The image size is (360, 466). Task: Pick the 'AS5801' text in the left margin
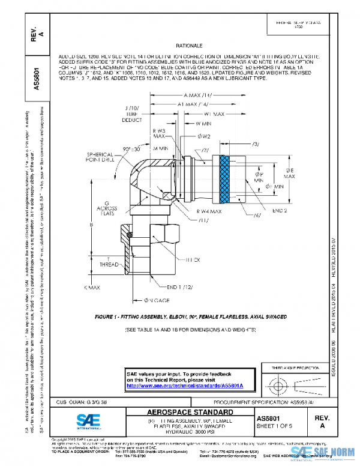pos(37,78)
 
